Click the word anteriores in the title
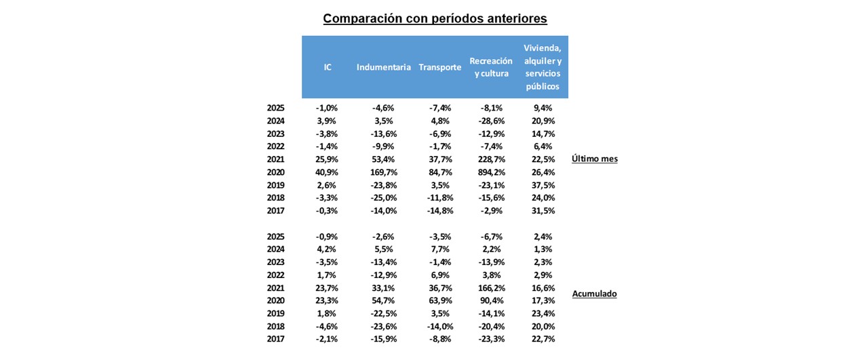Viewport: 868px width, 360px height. coord(515,18)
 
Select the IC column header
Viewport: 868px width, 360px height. coord(328,67)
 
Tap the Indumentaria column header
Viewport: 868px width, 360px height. coord(383,67)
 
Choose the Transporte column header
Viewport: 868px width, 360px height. coord(440,67)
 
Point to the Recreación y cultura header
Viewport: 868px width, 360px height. coord(491,67)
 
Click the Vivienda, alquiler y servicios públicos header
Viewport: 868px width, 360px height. coord(542,67)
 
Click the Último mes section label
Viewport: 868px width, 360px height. coord(595,159)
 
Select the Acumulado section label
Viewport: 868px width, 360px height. coord(595,294)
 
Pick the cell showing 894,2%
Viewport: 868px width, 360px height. coord(492,172)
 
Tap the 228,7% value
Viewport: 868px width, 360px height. coord(492,159)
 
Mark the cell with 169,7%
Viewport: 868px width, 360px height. coord(384,172)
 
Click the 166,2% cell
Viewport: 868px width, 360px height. coord(492,288)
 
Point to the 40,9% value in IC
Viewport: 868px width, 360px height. coord(327,172)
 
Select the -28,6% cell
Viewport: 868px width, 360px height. coord(492,121)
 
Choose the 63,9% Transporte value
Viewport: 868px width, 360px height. coord(440,300)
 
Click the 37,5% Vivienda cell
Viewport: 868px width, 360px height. coord(543,185)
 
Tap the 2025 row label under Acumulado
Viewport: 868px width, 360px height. coord(275,237)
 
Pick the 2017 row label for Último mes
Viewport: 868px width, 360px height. coord(275,211)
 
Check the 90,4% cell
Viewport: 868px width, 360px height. coord(492,300)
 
